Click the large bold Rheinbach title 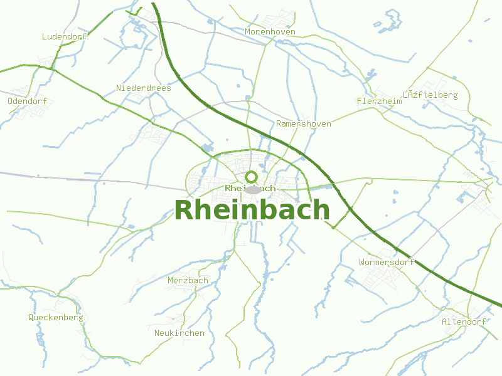[x=252, y=209]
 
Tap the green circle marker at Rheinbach [x=252, y=177]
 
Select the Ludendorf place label [x=64, y=36]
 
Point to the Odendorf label [x=27, y=101]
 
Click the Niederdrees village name [x=144, y=88]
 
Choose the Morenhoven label [x=270, y=31]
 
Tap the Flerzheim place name [x=379, y=101]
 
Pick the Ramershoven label [x=303, y=124]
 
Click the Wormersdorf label [x=387, y=262]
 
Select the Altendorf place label [x=464, y=321]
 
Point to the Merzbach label [x=188, y=280]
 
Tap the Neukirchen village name [x=179, y=333]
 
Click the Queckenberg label [x=55, y=317]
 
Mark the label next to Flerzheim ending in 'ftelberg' [x=430, y=95]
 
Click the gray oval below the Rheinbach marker [x=252, y=189]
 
